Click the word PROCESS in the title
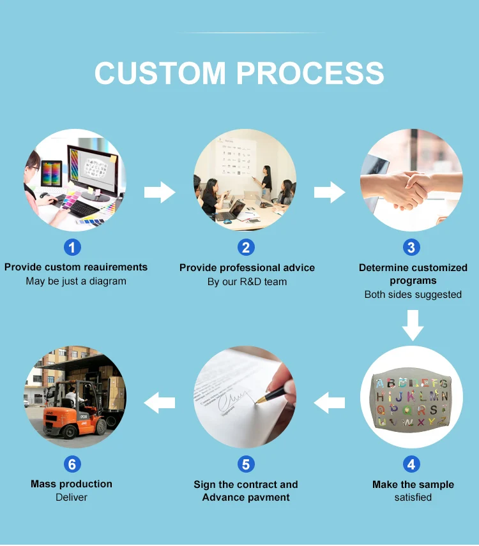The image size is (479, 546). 311,73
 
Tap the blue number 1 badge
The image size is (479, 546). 72,247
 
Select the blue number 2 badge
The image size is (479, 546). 246,247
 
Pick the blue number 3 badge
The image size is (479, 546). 412,247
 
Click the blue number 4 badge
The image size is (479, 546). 412,464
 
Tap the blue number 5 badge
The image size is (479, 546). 246,464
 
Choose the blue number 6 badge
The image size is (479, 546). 72,464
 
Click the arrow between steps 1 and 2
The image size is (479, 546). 159,191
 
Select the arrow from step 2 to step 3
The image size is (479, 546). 329,191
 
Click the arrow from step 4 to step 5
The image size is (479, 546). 330,402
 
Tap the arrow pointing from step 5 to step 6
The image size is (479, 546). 159,402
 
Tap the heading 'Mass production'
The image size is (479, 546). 72,483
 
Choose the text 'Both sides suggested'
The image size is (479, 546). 413,294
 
